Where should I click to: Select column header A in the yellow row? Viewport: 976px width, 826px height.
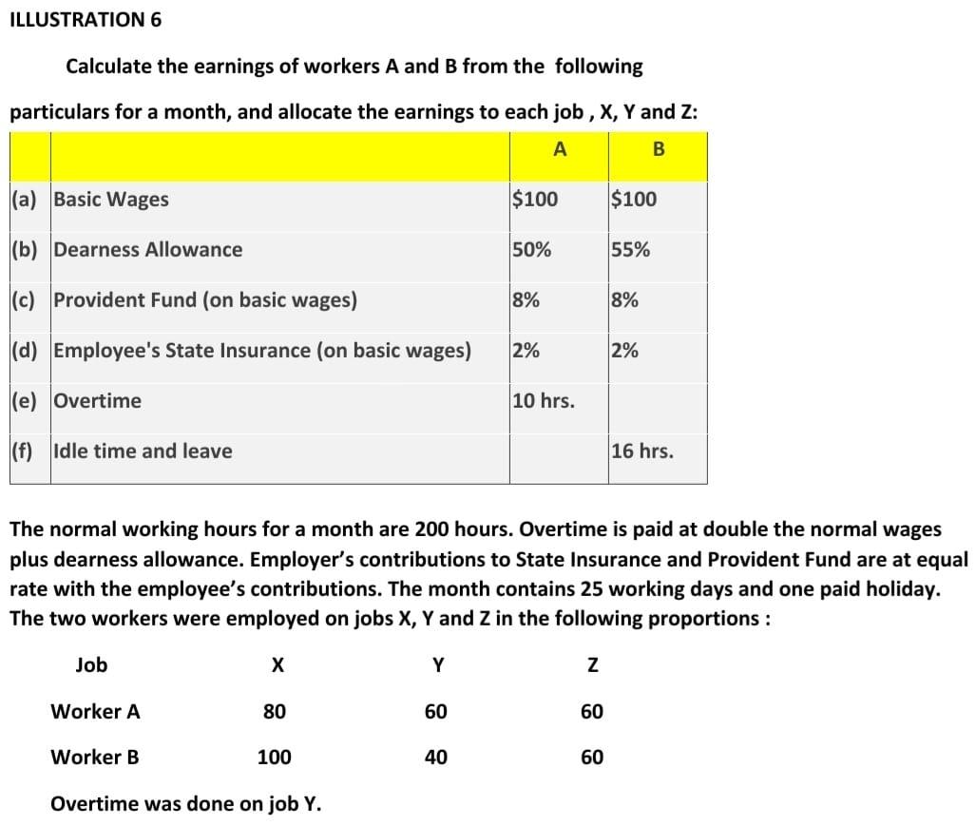coord(560,148)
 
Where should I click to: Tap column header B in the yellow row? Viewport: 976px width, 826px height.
coord(659,149)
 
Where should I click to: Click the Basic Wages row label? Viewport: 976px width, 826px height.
coord(111,200)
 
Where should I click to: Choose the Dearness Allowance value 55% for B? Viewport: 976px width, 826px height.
coord(631,250)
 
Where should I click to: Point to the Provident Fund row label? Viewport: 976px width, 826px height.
coord(205,300)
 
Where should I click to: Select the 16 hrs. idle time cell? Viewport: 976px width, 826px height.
coord(642,451)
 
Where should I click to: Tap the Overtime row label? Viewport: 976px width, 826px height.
coord(97,400)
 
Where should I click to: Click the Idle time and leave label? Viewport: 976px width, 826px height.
coord(143,451)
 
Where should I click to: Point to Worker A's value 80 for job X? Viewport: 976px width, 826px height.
coord(275,711)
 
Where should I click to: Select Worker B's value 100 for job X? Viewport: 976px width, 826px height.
coord(275,757)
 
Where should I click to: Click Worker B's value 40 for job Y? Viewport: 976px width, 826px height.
coord(436,757)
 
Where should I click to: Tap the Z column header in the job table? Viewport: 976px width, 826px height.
coord(591,665)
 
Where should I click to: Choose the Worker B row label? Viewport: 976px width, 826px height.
coord(95,757)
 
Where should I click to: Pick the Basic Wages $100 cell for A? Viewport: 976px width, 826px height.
coord(535,200)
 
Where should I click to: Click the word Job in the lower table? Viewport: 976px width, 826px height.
coord(91,665)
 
